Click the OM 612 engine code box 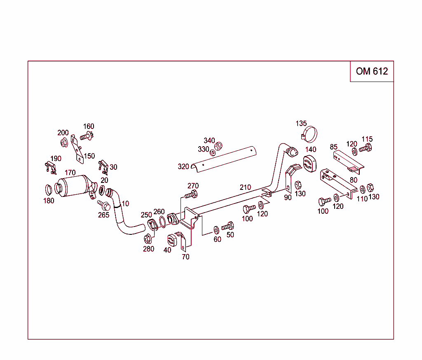[372, 71]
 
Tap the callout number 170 [70, 173]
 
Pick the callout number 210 [245, 187]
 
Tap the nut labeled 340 [219, 145]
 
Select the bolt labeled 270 [192, 194]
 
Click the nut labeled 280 [148, 238]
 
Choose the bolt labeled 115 [366, 148]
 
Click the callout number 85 [333, 147]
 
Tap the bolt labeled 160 [87, 135]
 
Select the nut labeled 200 [64, 143]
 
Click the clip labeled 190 [50, 167]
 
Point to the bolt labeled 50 [227, 226]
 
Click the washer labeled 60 [216, 229]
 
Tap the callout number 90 [288, 197]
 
